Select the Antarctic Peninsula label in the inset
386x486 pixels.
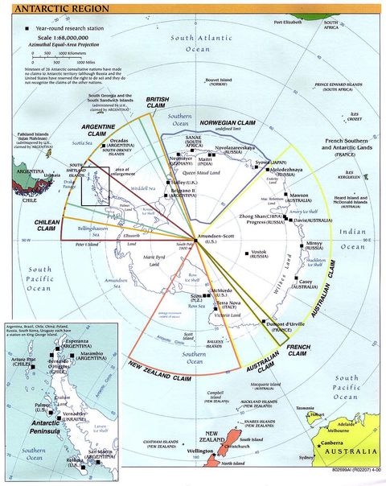click(x=36, y=424)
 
